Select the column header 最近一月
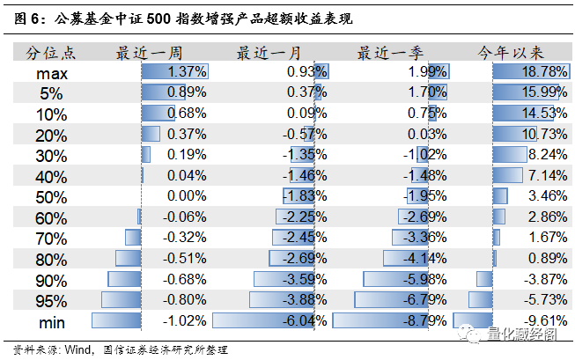[269, 52]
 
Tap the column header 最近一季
[388, 52]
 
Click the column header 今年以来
[510, 52]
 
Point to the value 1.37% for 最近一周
[187, 72]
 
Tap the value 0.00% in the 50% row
[187, 196]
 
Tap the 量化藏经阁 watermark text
[524, 334]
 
